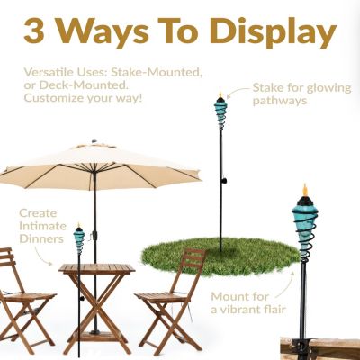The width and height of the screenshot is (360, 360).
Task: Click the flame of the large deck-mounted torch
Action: coord(304,192)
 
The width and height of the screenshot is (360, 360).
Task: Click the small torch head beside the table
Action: coord(79,238)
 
